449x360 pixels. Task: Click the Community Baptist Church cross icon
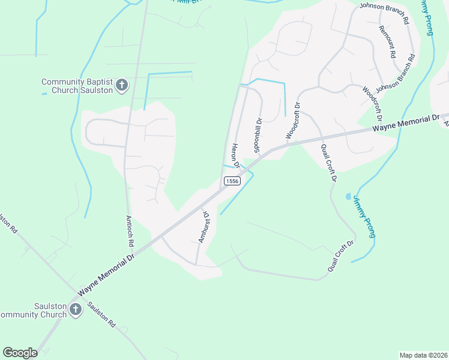121,85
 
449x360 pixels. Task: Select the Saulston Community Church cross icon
76,310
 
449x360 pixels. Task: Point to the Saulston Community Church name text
33,310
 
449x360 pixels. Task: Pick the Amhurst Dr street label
203,227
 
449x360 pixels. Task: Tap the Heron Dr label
236,155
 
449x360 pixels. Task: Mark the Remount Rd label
387,42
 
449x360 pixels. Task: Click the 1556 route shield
232,181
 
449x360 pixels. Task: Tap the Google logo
20,353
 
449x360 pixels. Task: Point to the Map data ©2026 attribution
423,355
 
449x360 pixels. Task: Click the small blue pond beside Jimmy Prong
349,196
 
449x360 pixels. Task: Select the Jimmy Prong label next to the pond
364,216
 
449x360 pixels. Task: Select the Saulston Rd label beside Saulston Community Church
101,313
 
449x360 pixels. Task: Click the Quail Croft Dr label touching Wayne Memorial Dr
329,163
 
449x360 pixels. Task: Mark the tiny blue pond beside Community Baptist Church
44,94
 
